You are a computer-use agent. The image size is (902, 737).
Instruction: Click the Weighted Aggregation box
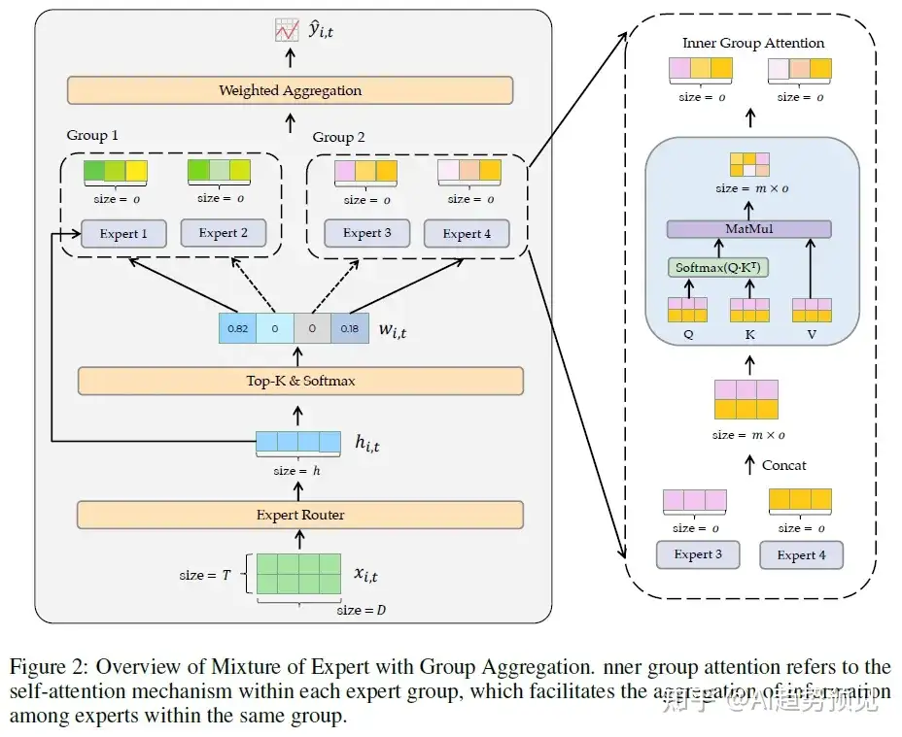[290, 90]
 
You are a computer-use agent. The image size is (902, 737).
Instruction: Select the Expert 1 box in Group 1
[123, 233]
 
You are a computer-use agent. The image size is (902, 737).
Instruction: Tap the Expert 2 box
[224, 233]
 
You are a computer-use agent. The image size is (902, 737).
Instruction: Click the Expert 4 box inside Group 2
[467, 234]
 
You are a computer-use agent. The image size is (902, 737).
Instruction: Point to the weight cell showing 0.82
[237, 329]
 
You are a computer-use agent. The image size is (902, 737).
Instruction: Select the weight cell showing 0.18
[350, 329]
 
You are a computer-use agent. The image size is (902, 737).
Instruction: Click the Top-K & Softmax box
[300, 381]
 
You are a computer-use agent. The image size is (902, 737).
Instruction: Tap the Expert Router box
[300, 515]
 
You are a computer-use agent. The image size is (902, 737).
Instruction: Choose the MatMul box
[748, 229]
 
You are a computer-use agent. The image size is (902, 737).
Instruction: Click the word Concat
[783, 465]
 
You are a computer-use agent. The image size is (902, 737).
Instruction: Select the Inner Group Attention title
[753, 43]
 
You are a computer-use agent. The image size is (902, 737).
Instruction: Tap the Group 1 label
[92, 135]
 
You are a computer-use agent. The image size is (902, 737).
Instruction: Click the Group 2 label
[339, 137]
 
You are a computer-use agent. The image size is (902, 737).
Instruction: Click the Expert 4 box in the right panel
[796, 554]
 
